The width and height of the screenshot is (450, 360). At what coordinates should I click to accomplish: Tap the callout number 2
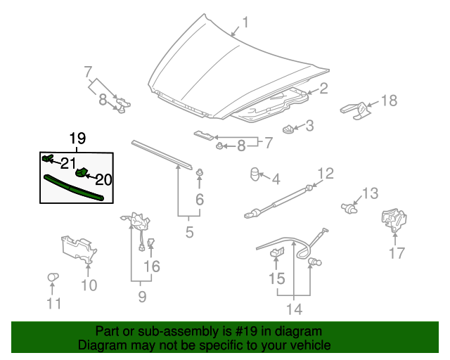(324, 89)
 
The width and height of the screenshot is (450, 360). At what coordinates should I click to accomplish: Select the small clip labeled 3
(288, 129)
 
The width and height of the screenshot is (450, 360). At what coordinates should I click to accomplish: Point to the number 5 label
(189, 231)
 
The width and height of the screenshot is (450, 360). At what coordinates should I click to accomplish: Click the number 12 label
(324, 173)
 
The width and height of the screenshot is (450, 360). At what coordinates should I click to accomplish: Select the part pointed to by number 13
(348, 207)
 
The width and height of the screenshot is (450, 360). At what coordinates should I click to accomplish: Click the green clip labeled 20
(82, 172)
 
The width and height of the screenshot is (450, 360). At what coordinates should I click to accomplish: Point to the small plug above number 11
(51, 278)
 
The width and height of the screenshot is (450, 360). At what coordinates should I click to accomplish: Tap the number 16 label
(152, 266)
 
